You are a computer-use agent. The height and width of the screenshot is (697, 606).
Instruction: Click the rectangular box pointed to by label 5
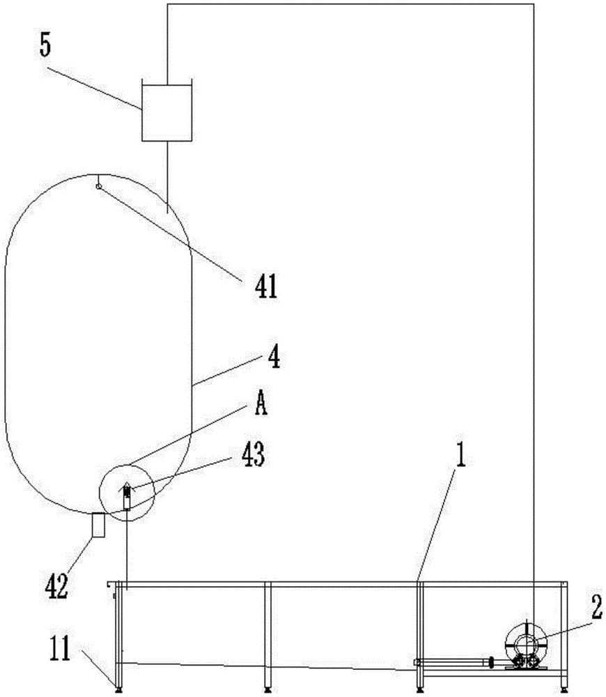(x=166, y=112)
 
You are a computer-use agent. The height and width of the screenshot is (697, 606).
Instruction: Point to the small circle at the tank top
(x=98, y=185)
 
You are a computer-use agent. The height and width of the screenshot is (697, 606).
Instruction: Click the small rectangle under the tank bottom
(x=98, y=525)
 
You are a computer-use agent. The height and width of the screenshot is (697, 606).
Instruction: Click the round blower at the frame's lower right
(x=526, y=645)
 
